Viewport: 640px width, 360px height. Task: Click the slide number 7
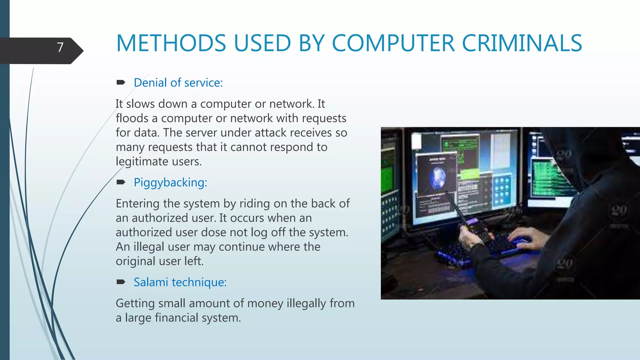pos(60,47)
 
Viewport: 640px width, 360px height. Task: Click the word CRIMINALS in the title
pos(522,43)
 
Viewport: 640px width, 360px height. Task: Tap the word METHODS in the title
pos(171,43)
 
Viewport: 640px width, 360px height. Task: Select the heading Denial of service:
pos(178,83)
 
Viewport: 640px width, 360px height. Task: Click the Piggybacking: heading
pos(170,182)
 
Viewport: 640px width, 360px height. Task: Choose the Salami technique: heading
pos(180,282)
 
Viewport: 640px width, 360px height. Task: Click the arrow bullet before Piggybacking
pos(121,182)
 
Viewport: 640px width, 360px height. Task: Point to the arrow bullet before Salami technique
pos(121,282)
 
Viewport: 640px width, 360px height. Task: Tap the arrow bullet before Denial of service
pos(121,82)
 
